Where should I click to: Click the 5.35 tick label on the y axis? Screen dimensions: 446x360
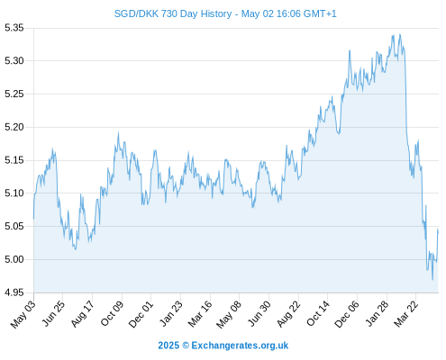(x=14, y=28)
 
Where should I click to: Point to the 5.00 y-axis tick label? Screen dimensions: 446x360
(x=14, y=259)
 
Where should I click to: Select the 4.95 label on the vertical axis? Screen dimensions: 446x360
(x=14, y=292)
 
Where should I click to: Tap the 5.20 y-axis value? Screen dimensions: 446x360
(x=14, y=127)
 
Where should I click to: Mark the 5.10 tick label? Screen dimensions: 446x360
(x=14, y=193)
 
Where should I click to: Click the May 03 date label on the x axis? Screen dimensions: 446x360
(x=23, y=314)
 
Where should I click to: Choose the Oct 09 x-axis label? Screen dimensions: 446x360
(x=112, y=313)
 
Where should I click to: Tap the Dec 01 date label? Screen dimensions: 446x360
(x=141, y=314)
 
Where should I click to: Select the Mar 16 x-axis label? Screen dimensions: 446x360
(x=200, y=314)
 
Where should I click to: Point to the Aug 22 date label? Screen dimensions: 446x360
(x=288, y=314)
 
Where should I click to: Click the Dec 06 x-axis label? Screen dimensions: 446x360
(x=347, y=314)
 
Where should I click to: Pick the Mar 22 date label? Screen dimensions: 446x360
(x=405, y=314)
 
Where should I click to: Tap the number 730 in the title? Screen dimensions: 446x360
(x=169, y=13)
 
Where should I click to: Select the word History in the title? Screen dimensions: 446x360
(x=216, y=14)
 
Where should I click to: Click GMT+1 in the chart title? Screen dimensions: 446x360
(x=320, y=13)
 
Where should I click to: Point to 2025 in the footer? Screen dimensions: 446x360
(x=168, y=346)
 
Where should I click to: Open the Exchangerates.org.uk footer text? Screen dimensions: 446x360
(x=240, y=346)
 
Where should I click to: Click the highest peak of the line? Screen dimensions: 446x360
(x=400, y=34)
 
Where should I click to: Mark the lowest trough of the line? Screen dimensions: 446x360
(x=432, y=280)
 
